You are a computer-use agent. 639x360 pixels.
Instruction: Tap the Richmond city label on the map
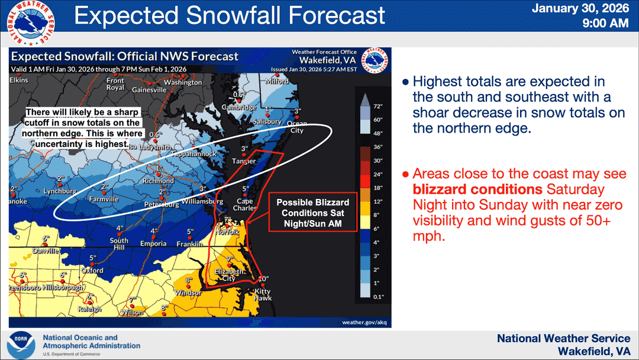click(158, 181)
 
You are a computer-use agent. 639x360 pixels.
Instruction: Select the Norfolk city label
click(228, 232)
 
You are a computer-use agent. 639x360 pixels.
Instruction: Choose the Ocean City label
click(296, 127)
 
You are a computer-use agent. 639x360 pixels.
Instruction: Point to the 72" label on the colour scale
click(378, 107)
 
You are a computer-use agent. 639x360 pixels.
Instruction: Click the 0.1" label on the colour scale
click(378, 296)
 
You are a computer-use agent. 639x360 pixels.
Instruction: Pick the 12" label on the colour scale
click(378, 201)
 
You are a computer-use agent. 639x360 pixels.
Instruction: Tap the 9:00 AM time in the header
click(605, 24)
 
